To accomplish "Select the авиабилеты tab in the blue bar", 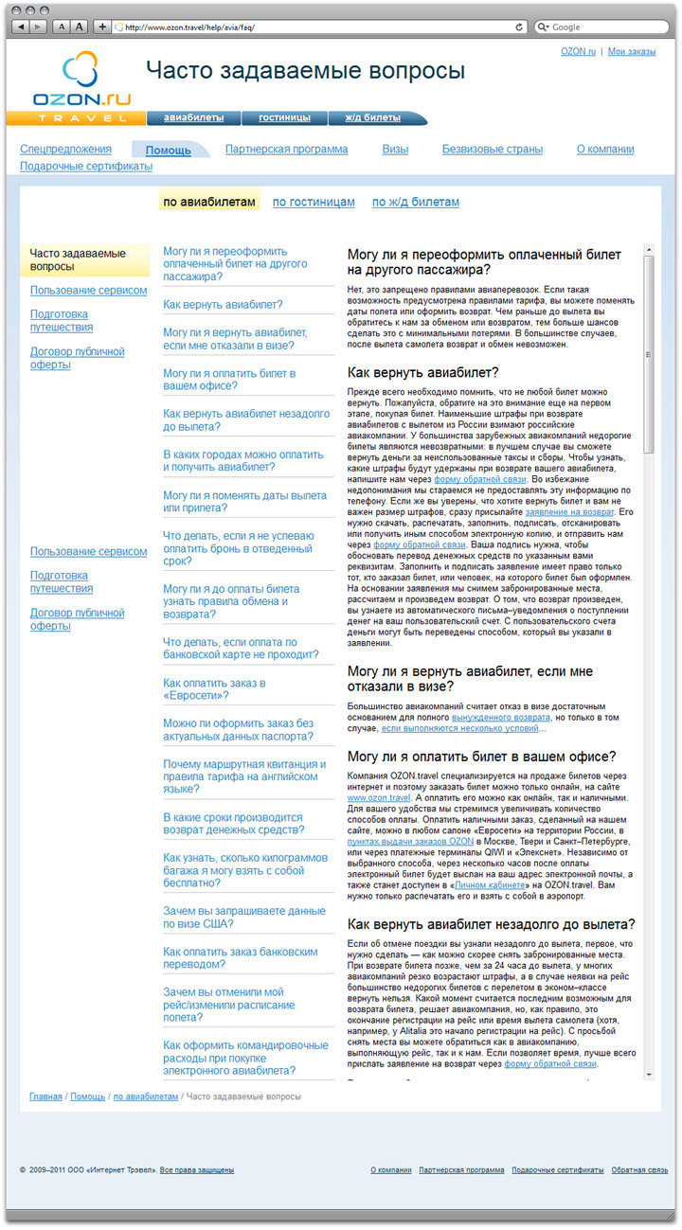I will (193, 118).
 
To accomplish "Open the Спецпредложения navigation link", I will (65, 150).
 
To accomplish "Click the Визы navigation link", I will (395, 150).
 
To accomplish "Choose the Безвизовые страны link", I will (492, 150).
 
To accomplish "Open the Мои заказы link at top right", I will (631, 51).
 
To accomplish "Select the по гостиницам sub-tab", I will (314, 203).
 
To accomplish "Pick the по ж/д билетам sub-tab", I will (415, 203).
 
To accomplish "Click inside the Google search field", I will (606, 27).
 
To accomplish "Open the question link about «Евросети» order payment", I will (214, 688).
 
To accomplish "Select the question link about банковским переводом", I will (228, 958).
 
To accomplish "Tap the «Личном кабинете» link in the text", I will (488, 885).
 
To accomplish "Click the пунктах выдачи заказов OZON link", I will (410, 841).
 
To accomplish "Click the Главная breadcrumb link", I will (45, 1096).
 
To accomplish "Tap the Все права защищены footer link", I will (196, 1170).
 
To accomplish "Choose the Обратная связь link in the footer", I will (639, 1170).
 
